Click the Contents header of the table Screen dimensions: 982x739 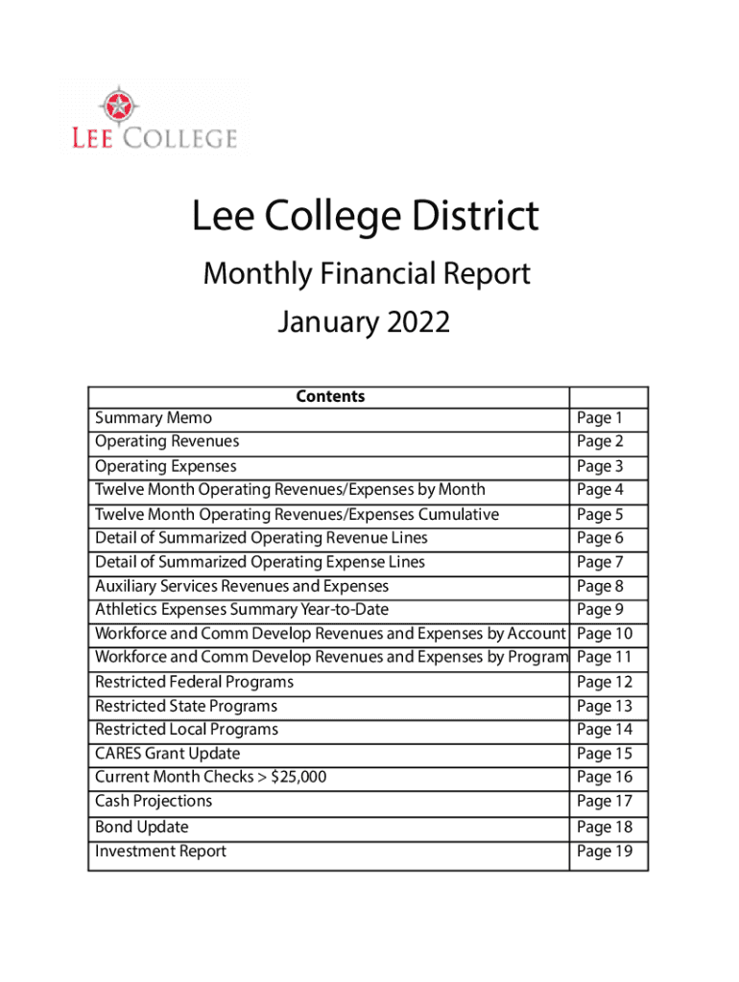(x=330, y=396)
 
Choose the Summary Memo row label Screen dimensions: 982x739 (x=154, y=418)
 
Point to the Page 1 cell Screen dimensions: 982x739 (x=600, y=418)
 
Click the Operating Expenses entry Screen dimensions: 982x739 (x=165, y=466)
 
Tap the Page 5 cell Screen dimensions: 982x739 (x=600, y=514)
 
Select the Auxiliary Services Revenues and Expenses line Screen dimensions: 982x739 (x=242, y=586)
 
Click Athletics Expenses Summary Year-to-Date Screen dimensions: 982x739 (x=242, y=610)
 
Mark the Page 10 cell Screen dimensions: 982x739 (x=606, y=634)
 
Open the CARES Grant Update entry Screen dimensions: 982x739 (x=167, y=754)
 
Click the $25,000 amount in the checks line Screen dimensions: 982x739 (x=298, y=777)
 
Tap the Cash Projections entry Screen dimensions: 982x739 (x=154, y=801)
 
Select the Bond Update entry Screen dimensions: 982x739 (x=141, y=827)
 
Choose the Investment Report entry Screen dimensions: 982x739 (x=160, y=851)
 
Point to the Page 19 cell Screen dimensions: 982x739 (x=606, y=851)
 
